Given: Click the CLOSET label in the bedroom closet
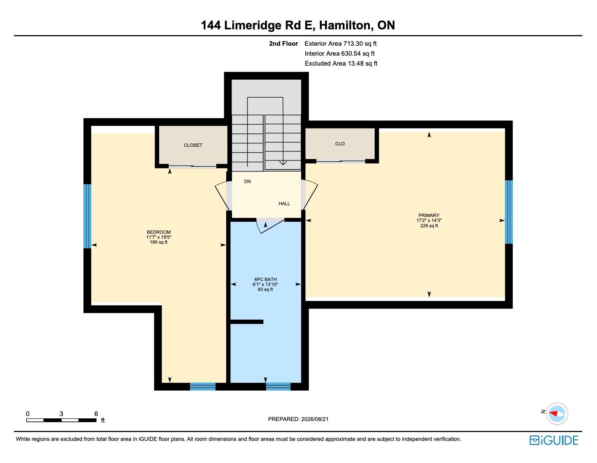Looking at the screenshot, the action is point(193,145).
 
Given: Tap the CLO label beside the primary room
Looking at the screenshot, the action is point(340,144).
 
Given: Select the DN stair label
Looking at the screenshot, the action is point(247,181).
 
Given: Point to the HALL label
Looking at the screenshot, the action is point(284,204).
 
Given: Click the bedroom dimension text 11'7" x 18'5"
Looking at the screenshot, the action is point(159,237).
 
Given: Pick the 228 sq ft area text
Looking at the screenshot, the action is point(429,225).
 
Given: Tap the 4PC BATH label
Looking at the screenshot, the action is point(265,279).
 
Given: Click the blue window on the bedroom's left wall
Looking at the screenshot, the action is point(87,216).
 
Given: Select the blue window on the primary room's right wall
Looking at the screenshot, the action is point(509,212).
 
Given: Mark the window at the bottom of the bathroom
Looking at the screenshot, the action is point(278,386).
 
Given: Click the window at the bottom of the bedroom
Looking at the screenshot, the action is point(203,386).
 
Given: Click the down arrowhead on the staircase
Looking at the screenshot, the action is point(283,163).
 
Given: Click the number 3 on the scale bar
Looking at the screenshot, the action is point(61,414).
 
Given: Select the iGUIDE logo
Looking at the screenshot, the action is point(554,440).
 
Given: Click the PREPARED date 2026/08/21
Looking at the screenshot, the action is point(314,419).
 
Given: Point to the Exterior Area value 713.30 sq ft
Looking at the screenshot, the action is point(360,43).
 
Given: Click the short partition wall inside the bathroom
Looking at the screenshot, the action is point(247,322).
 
